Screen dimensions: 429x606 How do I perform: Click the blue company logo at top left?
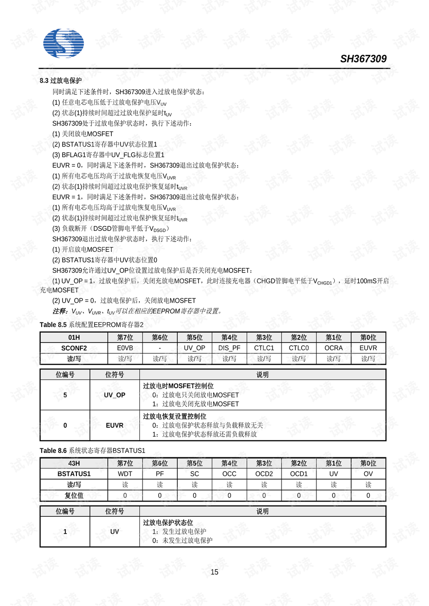tap(63, 43)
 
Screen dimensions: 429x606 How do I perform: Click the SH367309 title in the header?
tap(363, 59)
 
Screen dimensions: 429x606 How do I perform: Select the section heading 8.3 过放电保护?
tap(61, 81)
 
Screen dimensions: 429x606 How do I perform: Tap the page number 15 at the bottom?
tap(214, 572)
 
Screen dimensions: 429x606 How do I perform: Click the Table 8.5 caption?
tap(92, 325)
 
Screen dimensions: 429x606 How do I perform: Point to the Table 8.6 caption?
tap(93, 451)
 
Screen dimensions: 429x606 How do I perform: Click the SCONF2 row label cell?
tap(74, 348)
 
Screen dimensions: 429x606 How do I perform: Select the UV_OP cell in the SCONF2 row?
tap(194, 348)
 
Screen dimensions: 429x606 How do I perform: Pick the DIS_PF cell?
tap(229, 348)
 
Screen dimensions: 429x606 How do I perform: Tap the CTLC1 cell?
tap(264, 348)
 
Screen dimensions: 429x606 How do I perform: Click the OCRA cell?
tap(333, 348)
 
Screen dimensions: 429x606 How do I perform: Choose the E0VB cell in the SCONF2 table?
tap(125, 348)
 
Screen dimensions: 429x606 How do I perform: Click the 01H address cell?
tap(74, 338)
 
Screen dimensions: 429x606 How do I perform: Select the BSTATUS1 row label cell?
tap(74, 474)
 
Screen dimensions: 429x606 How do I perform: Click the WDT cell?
tap(125, 474)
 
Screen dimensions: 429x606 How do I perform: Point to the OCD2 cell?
tap(264, 474)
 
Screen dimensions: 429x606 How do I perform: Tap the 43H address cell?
tap(74, 464)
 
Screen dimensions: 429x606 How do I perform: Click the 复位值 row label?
tap(74, 496)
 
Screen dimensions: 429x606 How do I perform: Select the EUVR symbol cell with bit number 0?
tap(114, 426)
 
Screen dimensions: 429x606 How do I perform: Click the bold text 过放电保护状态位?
tap(168, 522)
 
